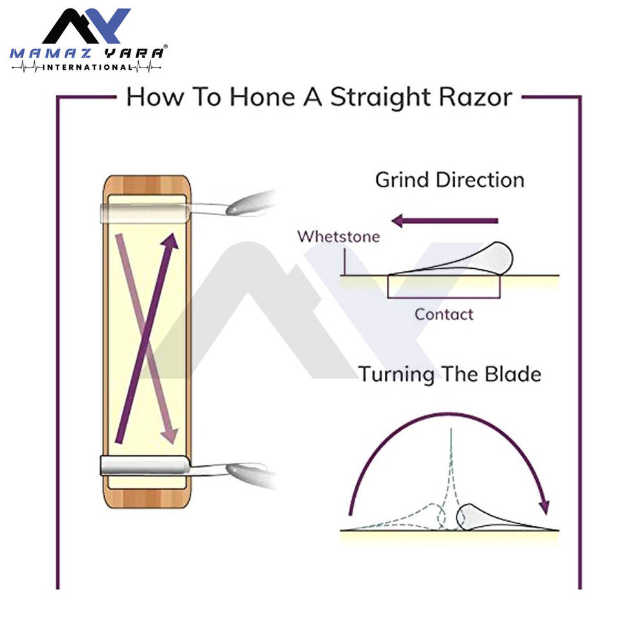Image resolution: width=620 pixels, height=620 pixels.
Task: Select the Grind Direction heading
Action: [449, 180]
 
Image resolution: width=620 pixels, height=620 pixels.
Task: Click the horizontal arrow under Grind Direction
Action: [446, 221]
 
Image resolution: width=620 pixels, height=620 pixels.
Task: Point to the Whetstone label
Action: [338, 236]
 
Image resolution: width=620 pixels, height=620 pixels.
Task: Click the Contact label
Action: [444, 315]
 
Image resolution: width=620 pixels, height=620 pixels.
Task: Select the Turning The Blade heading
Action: [449, 374]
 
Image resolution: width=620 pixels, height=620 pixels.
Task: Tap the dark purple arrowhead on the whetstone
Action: [170, 241]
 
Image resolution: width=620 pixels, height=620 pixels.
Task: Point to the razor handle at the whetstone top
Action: [245, 203]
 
